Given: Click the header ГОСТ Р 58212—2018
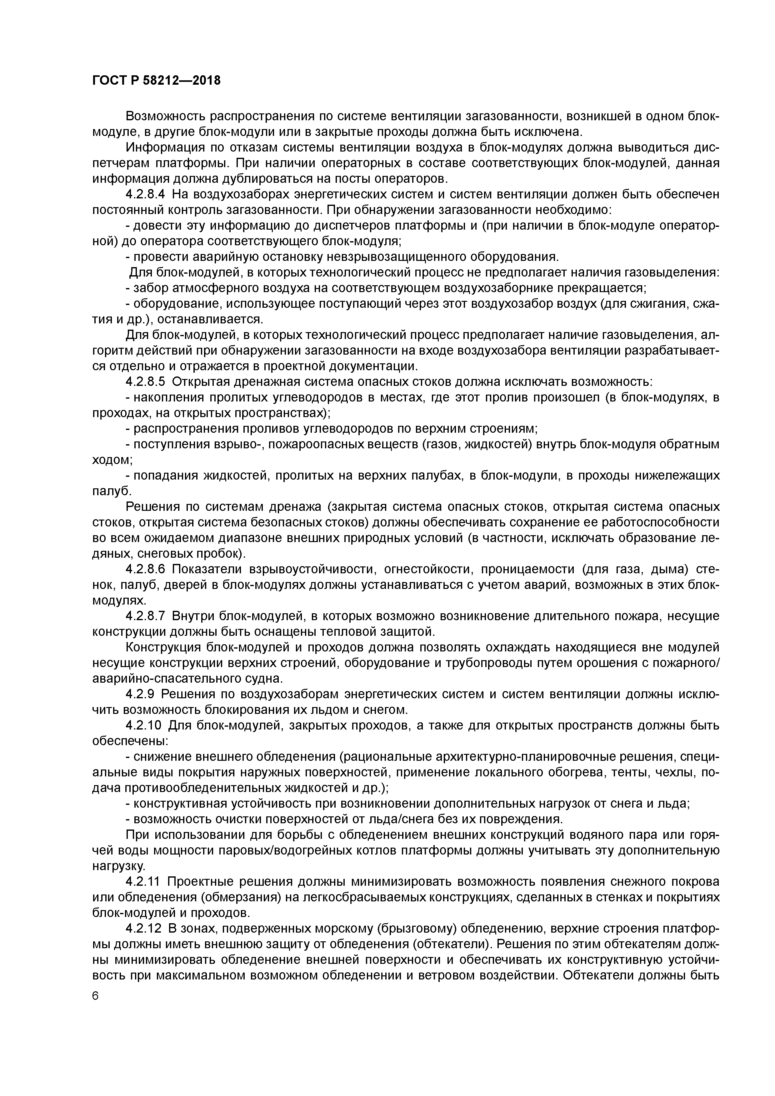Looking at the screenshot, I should (x=156, y=81).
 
